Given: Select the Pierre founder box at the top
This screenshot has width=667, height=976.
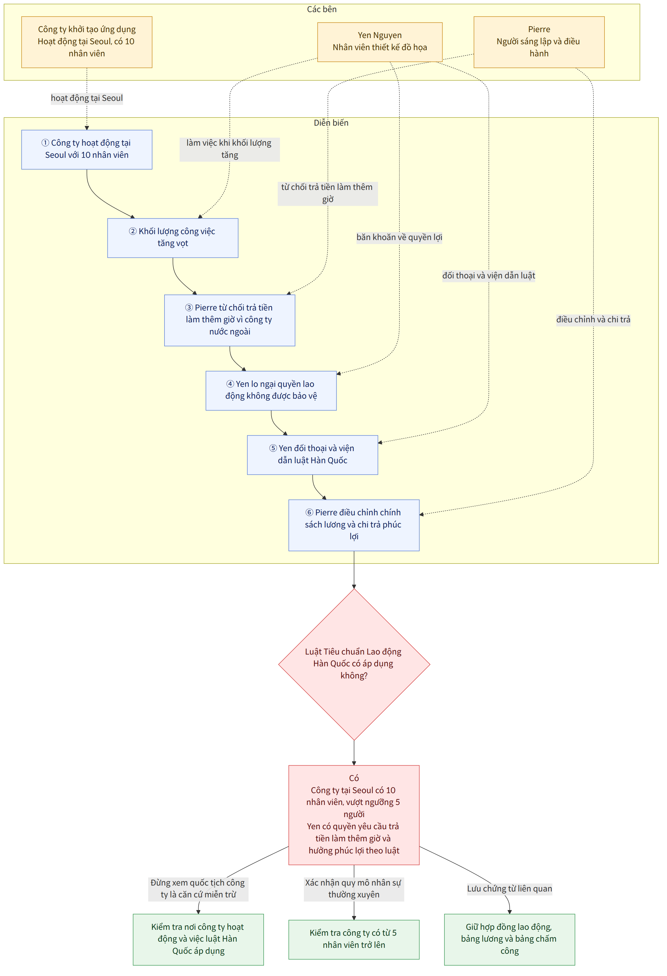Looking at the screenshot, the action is (539, 42).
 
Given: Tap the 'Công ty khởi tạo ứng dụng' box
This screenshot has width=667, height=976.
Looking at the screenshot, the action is (87, 42).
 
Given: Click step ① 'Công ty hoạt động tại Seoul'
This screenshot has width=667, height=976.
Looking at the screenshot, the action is (87, 150).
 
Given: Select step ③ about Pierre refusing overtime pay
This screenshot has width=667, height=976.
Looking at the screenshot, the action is (230, 320).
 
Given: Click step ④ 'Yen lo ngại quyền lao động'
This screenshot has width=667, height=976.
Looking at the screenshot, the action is (271, 391).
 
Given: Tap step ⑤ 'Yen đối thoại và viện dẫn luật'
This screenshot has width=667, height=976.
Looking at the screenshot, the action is (312, 455).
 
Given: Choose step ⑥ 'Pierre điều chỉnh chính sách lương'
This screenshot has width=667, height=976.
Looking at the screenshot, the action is (354, 525).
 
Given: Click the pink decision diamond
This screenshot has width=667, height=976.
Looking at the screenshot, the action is (354, 664).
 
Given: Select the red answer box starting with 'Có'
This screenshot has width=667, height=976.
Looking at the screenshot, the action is (354, 815).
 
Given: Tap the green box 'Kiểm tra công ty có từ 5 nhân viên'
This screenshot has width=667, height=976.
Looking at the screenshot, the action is (354, 939).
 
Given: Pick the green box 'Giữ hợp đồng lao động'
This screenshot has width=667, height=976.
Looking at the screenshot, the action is (510, 939).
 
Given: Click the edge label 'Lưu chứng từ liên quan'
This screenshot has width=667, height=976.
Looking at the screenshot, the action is (510, 889).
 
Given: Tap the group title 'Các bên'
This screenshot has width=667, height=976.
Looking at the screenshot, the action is (322, 10).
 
